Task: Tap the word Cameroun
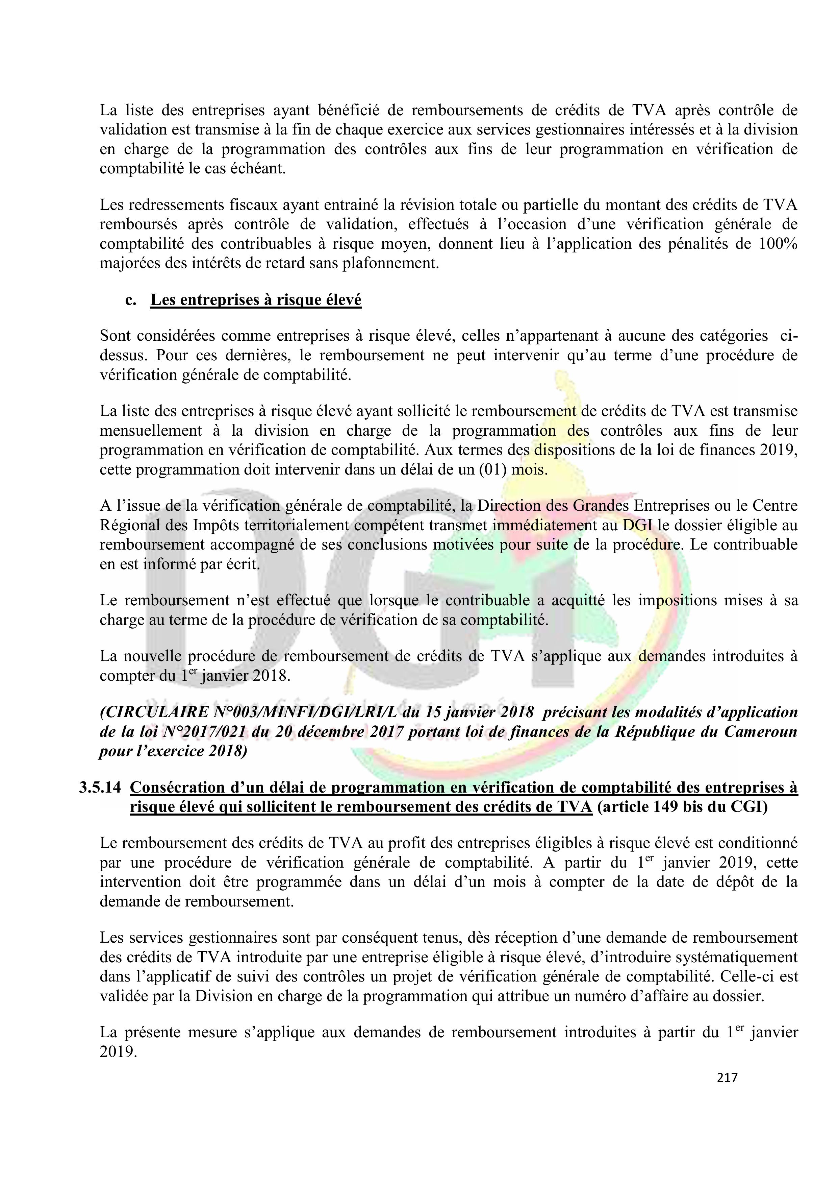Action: [761, 732]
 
